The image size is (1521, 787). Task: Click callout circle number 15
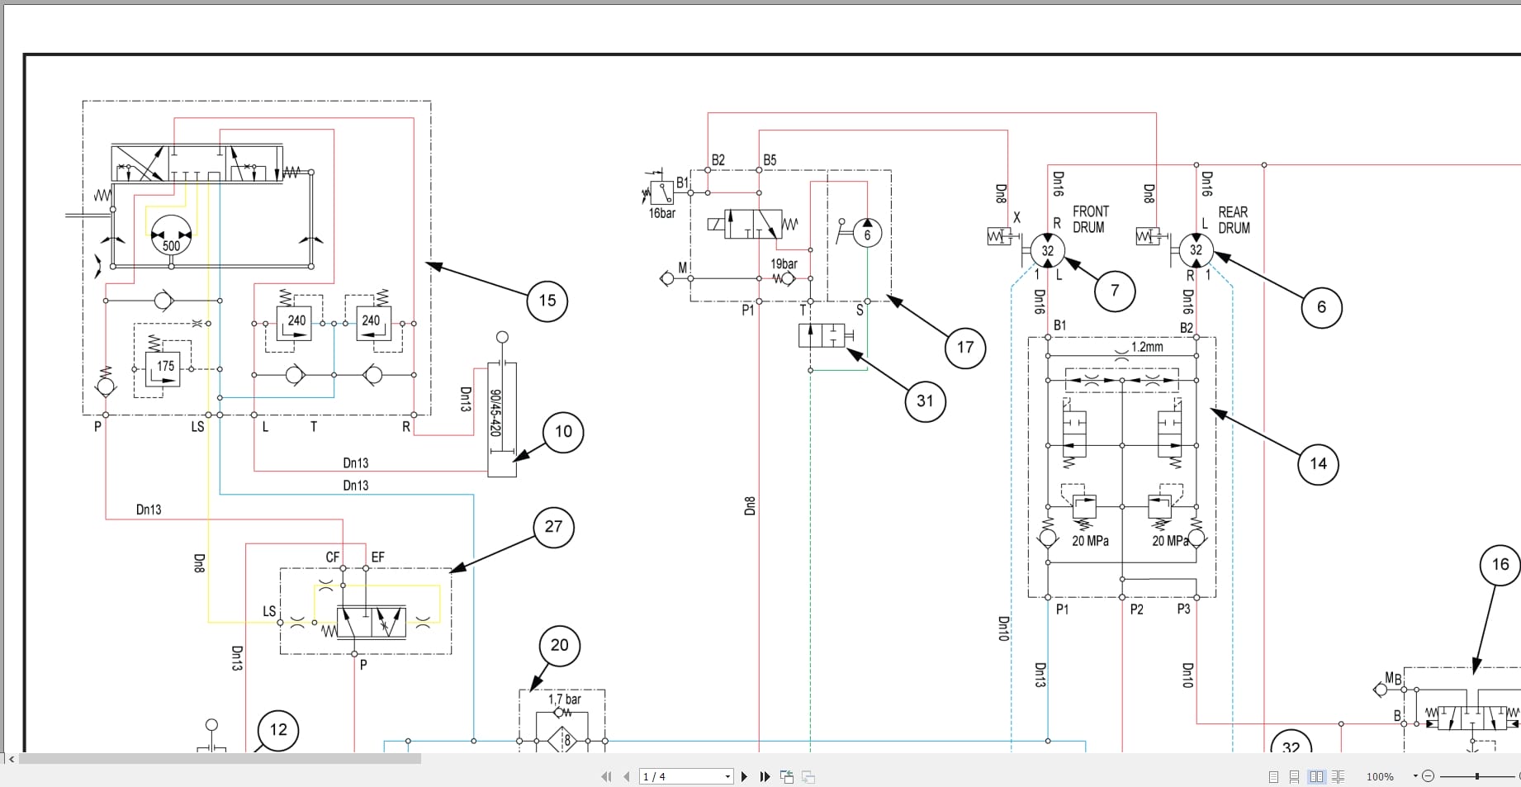pos(547,301)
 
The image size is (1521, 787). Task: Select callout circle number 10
pos(563,432)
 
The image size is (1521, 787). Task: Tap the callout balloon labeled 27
pos(553,527)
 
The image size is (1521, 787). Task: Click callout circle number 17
pos(965,348)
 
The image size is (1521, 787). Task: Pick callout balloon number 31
pos(925,401)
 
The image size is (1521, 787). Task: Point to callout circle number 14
pos(1318,464)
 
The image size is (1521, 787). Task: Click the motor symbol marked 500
pos(171,238)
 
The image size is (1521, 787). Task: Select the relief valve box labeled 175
pos(164,367)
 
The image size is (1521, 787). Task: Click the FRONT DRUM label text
pos(1090,220)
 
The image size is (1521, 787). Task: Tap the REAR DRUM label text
pos(1234,220)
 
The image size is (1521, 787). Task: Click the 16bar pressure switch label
pos(661,214)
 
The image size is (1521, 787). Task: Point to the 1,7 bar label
pos(565,699)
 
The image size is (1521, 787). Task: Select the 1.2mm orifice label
pos(1146,348)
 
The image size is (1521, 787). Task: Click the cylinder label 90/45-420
pos(495,413)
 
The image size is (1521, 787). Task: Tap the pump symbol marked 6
pos(866,235)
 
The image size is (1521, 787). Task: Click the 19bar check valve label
pos(784,264)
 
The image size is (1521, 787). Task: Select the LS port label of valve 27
pos(269,612)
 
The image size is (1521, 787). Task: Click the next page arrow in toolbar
pos(744,776)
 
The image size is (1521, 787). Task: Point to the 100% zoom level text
pos(1380,776)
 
